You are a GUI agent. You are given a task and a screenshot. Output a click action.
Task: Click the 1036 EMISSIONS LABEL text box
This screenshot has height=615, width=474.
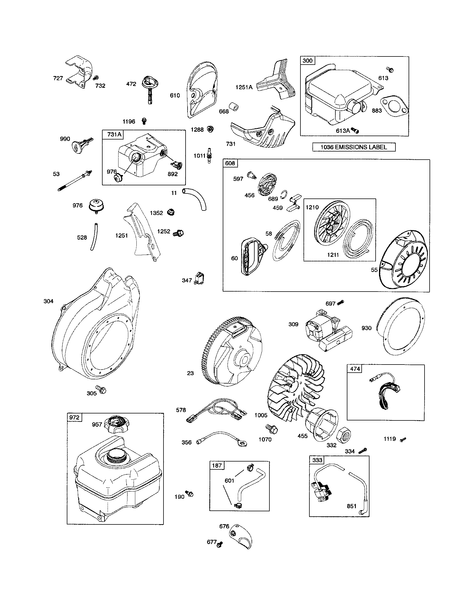(x=354, y=147)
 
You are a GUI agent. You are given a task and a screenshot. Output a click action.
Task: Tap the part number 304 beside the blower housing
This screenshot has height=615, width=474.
(x=48, y=301)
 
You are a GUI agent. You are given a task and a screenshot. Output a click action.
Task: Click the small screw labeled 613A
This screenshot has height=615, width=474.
(x=356, y=130)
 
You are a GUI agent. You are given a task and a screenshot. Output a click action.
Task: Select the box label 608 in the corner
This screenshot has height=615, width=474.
(x=230, y=163)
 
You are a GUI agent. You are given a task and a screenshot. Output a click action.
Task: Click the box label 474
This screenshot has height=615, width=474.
(x=355, y=369)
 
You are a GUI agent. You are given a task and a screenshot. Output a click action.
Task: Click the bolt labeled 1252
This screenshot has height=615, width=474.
(x=179, y=233)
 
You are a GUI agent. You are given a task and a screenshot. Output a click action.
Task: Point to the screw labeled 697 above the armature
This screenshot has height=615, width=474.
(x=341, y=303)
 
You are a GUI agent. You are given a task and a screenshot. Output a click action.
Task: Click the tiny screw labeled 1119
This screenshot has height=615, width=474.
(x=403, y=439)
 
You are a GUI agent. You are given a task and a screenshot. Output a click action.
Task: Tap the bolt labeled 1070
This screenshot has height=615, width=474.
(x=272, y=429)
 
